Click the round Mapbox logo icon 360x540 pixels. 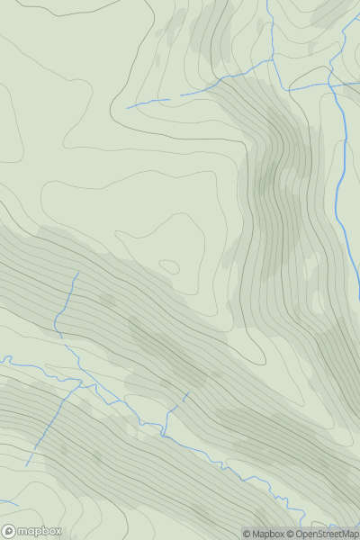(x=9, y=531)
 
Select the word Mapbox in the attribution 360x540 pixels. (x=269, y=534)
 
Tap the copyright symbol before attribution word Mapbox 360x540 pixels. (x=247, y=534)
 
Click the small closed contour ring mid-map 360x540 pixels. (x=169, y=265)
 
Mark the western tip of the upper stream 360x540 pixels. (x=127, y=108)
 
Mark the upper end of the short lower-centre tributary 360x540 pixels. (x=189, y=392)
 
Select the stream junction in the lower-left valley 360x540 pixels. (x=83, y=383)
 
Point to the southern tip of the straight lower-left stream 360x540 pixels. (x=27, y=464)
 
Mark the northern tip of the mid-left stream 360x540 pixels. (x=78, y=273)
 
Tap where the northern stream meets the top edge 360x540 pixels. (x=267, y=2)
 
